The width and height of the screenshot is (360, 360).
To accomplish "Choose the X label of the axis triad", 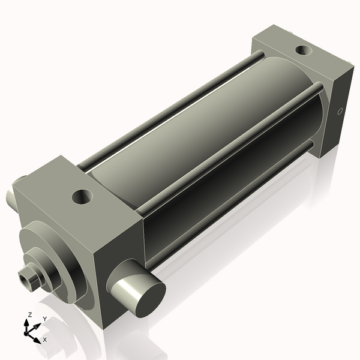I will [x=45, y=340].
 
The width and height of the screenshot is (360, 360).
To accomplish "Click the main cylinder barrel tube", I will [x=198, y=138].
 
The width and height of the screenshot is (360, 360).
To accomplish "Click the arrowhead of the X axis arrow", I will [x=37, y=340].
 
